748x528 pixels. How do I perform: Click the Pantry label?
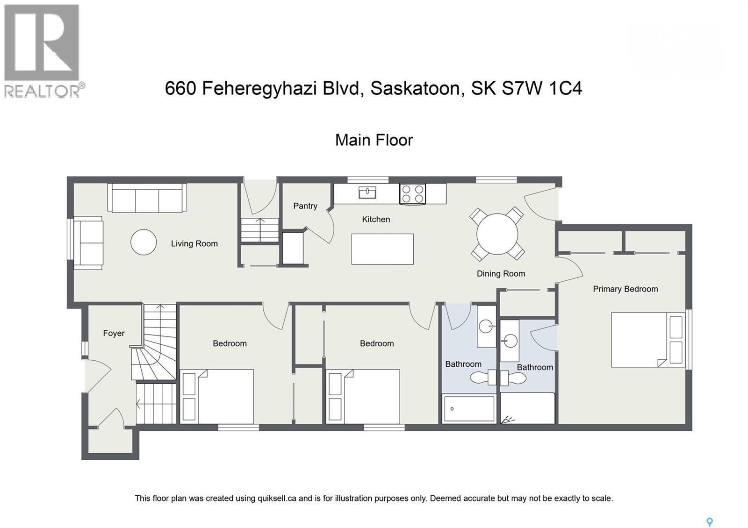tap(305, 206)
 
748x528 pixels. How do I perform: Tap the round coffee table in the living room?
tap(144, 242)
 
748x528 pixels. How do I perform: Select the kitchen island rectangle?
tap(382, 249)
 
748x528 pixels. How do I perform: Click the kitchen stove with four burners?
tap(413, 194)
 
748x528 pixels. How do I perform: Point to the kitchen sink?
tap(367, 192)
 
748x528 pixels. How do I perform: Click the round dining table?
tap(497, 234)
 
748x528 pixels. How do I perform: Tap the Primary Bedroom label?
tap(625, 289)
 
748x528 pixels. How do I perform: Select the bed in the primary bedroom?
tap(647, 340)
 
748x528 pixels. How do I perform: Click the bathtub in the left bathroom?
tap(469, 409)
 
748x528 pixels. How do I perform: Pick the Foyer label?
tap(114, 333)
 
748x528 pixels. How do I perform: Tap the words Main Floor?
tap(374, 140)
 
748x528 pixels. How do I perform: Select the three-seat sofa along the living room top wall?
tap(147, 198)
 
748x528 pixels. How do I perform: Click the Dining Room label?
tap(501, 274)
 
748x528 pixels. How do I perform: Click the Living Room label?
tap(194, 243)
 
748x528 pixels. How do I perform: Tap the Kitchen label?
tap(376, 219)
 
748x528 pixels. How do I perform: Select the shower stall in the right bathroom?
tap(527, 408)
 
